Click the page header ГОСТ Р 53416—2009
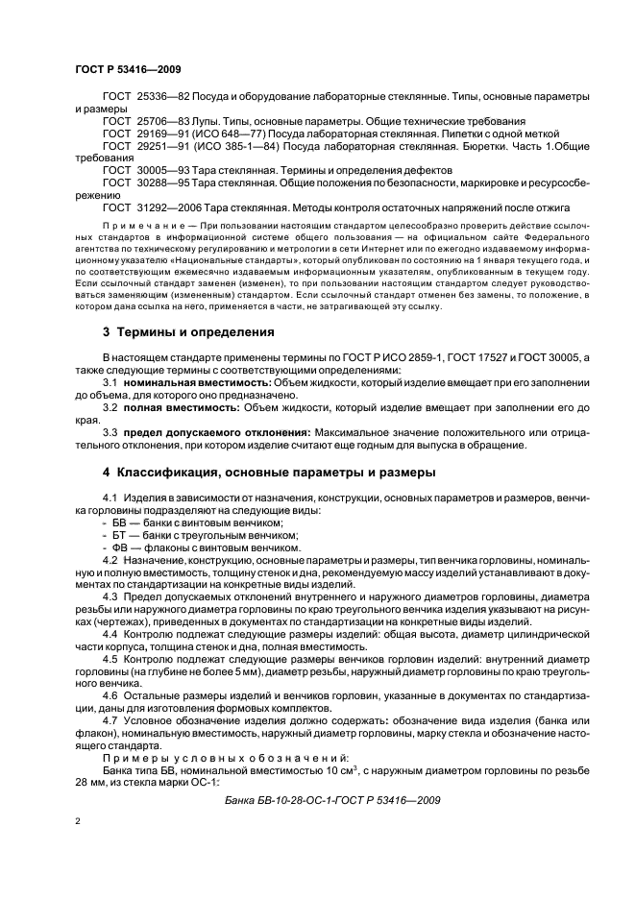tap(127, 71)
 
